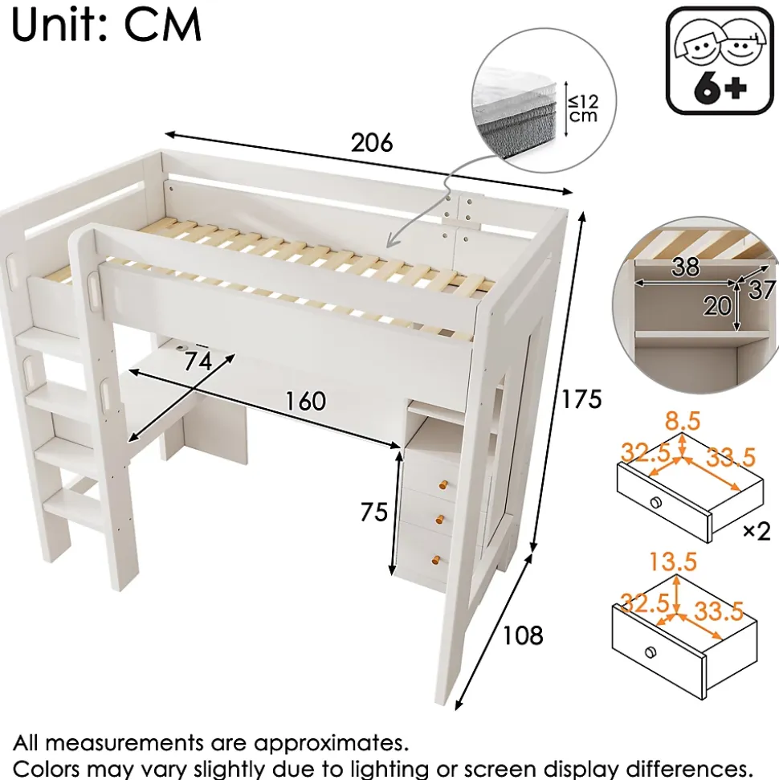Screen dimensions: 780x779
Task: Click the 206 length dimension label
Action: click(x=372, y=143)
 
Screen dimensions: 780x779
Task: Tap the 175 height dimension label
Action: click(x=581, y=398)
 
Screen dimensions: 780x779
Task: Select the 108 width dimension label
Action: click(x=523, y=635)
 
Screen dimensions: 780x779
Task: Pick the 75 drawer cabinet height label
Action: click(x=373, y=512)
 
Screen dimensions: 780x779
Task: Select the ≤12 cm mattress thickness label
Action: click(x=583, y=107)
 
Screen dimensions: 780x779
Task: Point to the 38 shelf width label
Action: click(x=685, y=267)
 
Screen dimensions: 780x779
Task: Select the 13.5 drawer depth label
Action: click(x=675, y=562)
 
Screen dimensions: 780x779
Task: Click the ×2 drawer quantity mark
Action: click(x=756, y=531)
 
